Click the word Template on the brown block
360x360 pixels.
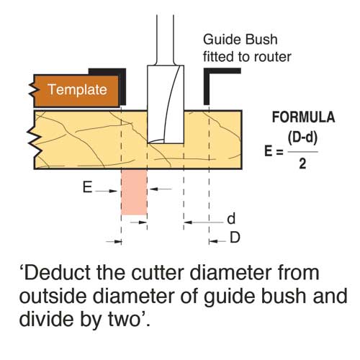(x=77, y=90)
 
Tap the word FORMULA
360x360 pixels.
(x=303, y=117)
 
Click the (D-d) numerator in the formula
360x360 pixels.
(x=302, y=138)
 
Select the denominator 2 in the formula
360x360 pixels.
(x=302, y=164)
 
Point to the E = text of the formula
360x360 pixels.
(x=274, y=151)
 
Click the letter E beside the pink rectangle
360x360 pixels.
(x=87, y=187)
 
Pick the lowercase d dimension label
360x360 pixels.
(x=231, y=219)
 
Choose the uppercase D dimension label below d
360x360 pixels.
(x=235, y=238)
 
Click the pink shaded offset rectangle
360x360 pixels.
(x=134, y=192)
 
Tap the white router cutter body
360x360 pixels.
(x=166, y=104)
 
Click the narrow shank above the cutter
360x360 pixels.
(x=165, y=40)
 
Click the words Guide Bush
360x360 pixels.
(x=240, y=40)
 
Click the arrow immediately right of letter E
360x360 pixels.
(x=106, y=191)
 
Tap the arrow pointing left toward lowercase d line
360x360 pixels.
(x=204, y=222)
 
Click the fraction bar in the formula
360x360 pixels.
(x=303, y=152)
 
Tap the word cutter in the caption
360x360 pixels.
(x=158, y=273)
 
